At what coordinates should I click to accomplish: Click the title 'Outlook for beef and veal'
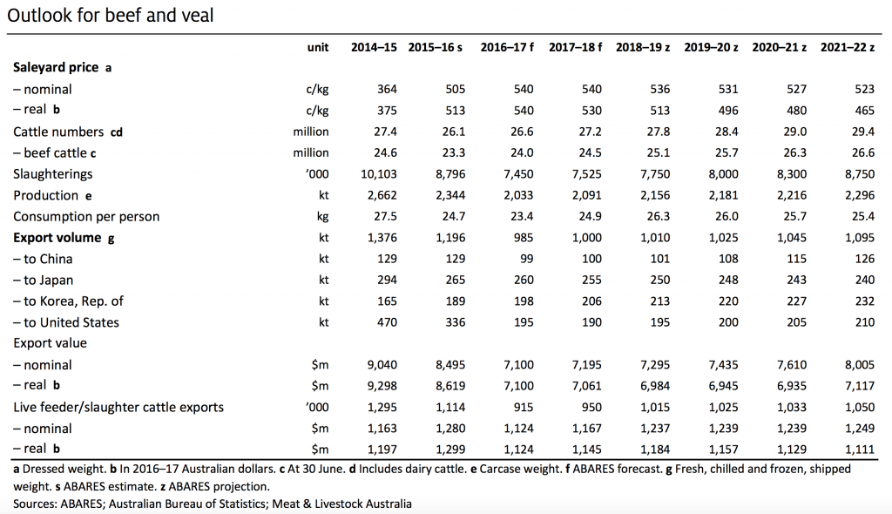tap(111, 16)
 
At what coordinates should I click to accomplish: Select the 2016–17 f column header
tap(507, 47)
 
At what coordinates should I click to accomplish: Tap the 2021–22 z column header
tap(847, 47)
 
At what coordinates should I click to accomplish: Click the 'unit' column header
tap(317, 47)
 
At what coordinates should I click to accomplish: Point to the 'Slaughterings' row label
tap(52, 174)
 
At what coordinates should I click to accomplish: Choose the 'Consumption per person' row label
tap(86, 217)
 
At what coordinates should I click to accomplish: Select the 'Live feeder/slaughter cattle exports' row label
tap(118, 408)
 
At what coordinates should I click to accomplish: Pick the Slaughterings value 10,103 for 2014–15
tap(379, 174)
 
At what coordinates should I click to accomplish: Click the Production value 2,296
tap(860, 195)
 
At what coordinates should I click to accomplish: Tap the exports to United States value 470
tap(387, 322)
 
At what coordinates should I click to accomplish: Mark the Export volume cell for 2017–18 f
tap(586, 237)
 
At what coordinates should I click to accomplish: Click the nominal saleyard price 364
tap(387, 90)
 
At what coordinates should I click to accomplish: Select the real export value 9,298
tap(382, 386)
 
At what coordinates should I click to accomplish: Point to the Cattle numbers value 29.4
tap(863, 132)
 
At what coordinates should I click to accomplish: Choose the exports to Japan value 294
tap(387, 280)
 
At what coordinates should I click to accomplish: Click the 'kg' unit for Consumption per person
tap(322, 217)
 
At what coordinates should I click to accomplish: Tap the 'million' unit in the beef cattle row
tap(311, 152)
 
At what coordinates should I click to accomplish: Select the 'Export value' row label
tap(50, 343)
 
